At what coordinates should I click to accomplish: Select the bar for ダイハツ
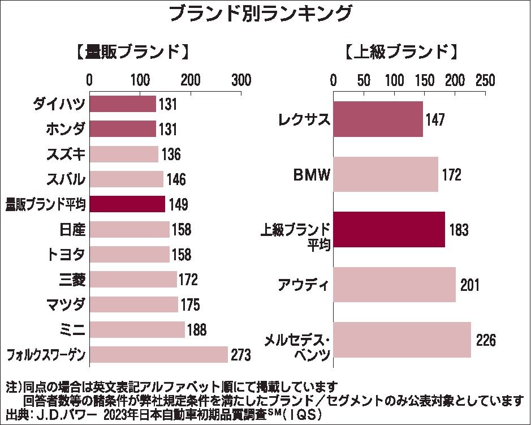[122, 104]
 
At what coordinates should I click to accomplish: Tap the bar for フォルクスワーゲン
[158, 355]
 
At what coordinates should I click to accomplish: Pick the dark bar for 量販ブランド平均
[127, 204]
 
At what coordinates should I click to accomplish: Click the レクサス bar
[378, 119]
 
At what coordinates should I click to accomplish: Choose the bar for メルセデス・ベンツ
[402, 340]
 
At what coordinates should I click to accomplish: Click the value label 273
[240, 355]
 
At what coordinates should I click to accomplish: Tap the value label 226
[486, 341]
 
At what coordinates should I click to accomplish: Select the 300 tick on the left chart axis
[242, 80]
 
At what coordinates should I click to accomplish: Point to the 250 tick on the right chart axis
[485, 80]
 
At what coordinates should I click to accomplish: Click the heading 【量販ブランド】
[131, 53]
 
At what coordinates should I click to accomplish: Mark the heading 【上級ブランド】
[400, 53]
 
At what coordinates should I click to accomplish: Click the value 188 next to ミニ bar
[196, 330]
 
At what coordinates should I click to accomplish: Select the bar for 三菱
[133, 280]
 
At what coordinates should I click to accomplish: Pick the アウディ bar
[394, 285]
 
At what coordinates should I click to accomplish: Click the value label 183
[458, 230]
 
